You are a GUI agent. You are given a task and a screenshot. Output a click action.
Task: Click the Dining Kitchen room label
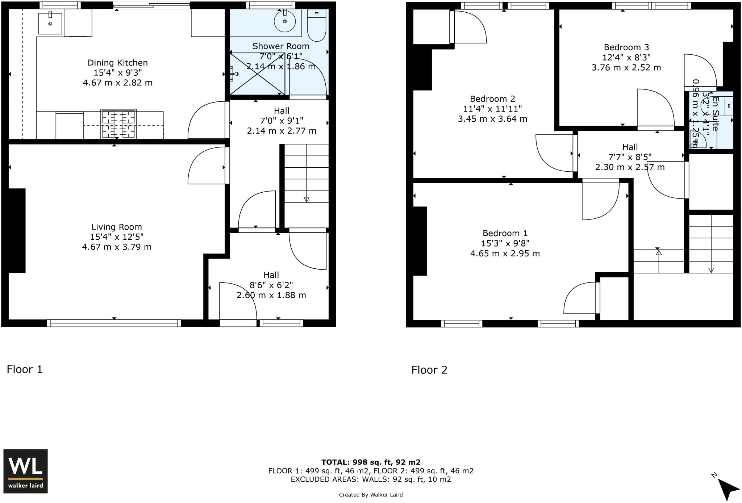[x=117, y=63]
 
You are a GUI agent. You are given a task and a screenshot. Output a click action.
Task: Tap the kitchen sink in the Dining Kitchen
[x=50, y=23]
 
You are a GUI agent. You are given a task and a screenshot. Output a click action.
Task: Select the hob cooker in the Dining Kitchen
[x=118, y=124]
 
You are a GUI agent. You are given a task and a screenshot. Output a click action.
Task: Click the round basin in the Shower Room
[x=285, y=21]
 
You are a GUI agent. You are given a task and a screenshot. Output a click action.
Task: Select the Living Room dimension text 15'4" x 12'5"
[x=117, y=237]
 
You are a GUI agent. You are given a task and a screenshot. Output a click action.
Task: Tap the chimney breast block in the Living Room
[x=17, y=230]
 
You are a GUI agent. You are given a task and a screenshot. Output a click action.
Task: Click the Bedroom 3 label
[x=626, y=47]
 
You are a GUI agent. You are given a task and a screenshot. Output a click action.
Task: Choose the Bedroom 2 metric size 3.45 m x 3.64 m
[x=492, y=119]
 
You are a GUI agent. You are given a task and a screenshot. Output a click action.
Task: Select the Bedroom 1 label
[x=505, y=233]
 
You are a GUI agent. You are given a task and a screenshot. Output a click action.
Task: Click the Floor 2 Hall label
[x=630, y=147]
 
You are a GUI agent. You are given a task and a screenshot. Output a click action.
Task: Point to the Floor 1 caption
[x=25, y=369]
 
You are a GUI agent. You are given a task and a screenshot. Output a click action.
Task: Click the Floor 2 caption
[x=429, y=370]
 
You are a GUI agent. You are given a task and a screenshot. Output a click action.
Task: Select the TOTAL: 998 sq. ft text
[x=371, y=462]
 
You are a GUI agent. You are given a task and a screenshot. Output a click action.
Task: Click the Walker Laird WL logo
[x=25, y=471]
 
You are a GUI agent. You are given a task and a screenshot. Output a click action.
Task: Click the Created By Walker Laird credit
[x=371, y=495]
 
